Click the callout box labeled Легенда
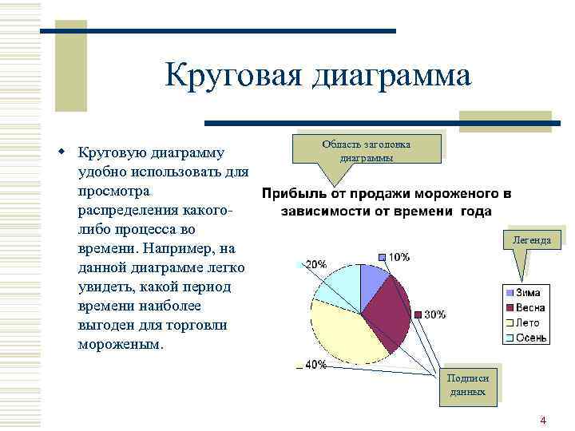point(531,239)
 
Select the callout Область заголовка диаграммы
point(367,150)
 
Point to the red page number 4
point(543,420)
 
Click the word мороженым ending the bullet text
point(119,345)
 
